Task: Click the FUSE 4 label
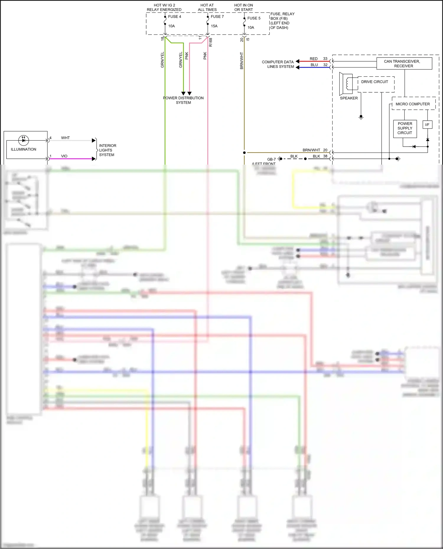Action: [175, 17]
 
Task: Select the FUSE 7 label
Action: [217, 17]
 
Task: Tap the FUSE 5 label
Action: [254, 18]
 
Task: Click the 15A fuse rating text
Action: [214, 26]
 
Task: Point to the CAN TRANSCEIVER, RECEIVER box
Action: [404, 63]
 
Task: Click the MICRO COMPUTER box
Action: [413, 104]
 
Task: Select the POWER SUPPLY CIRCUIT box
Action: [405, 128]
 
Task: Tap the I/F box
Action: [427, 125]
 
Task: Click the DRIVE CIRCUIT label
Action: [374, 82]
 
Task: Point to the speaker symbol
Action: [346, 83]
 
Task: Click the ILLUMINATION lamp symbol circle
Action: [24, 140]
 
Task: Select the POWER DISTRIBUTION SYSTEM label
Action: [183, 100]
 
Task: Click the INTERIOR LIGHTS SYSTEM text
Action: [108, 150]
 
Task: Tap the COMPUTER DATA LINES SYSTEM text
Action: [278, 64]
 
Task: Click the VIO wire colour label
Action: [64, 156]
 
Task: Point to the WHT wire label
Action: [65, 138]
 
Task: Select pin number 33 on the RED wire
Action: [325, 59]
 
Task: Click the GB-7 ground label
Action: [271, 159]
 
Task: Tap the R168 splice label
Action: [211, 42]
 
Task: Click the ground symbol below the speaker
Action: [361, 117]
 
